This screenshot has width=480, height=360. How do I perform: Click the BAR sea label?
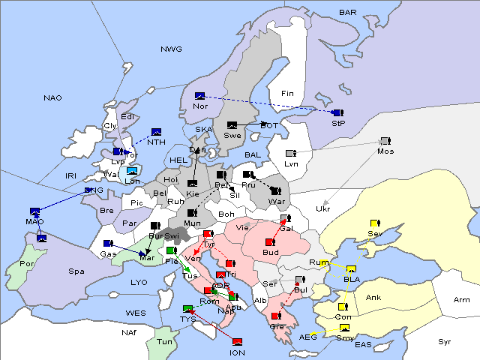pos(347,13)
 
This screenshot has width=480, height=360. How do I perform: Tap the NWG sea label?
pos(171,49)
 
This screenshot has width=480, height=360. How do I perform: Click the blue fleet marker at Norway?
pos(199,96)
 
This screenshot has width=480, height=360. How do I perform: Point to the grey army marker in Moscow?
pos(385,141)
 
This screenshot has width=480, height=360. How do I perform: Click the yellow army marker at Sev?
pos(374,223)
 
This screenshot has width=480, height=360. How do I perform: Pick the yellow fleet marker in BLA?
pos(352,269)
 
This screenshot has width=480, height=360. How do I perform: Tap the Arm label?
pos(462,300)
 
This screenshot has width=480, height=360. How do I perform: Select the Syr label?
pos(445,342)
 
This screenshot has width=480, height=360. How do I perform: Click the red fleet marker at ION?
pos(237,341)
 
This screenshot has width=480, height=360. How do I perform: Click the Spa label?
pos(76,271)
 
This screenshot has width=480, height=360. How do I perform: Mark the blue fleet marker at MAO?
pos(35,211)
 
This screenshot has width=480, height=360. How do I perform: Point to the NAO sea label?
pos(52,98)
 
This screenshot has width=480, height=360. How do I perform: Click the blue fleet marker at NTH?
pos(156,132)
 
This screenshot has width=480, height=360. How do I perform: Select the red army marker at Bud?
pos(270,242)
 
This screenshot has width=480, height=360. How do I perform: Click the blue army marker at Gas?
pos(108,244)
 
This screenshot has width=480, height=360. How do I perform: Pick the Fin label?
pos(286,94)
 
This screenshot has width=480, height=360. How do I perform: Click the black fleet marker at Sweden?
pos(232,124)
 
